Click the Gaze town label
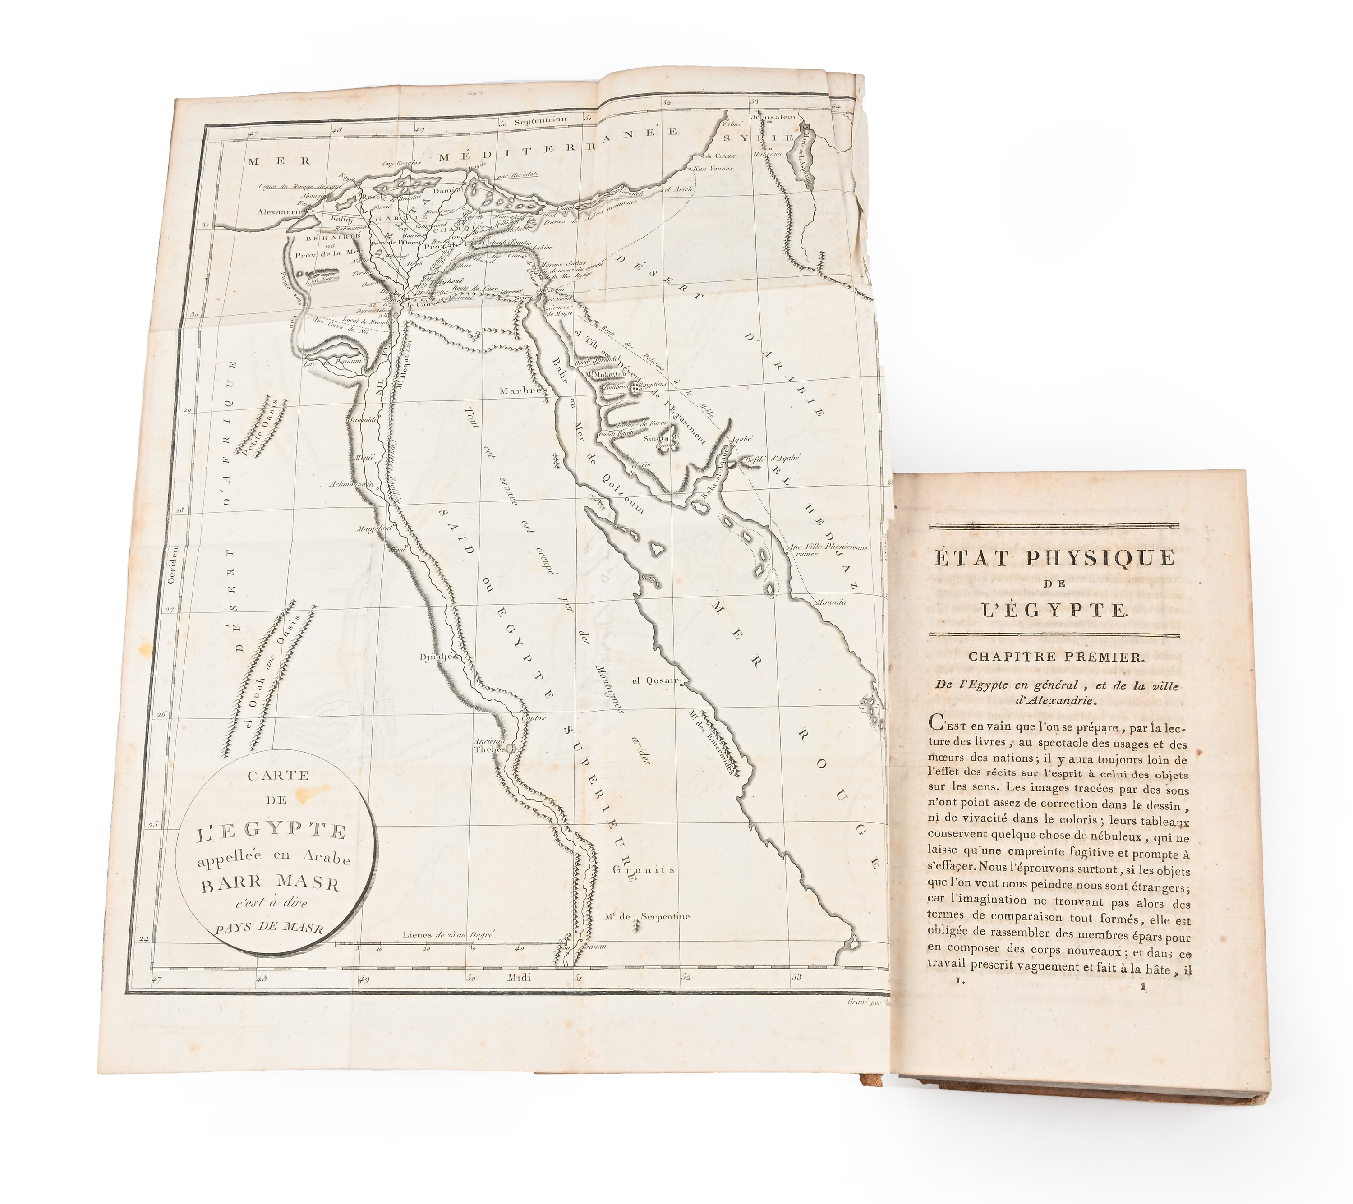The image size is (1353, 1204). pyautogui.click(x=725, y=156)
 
